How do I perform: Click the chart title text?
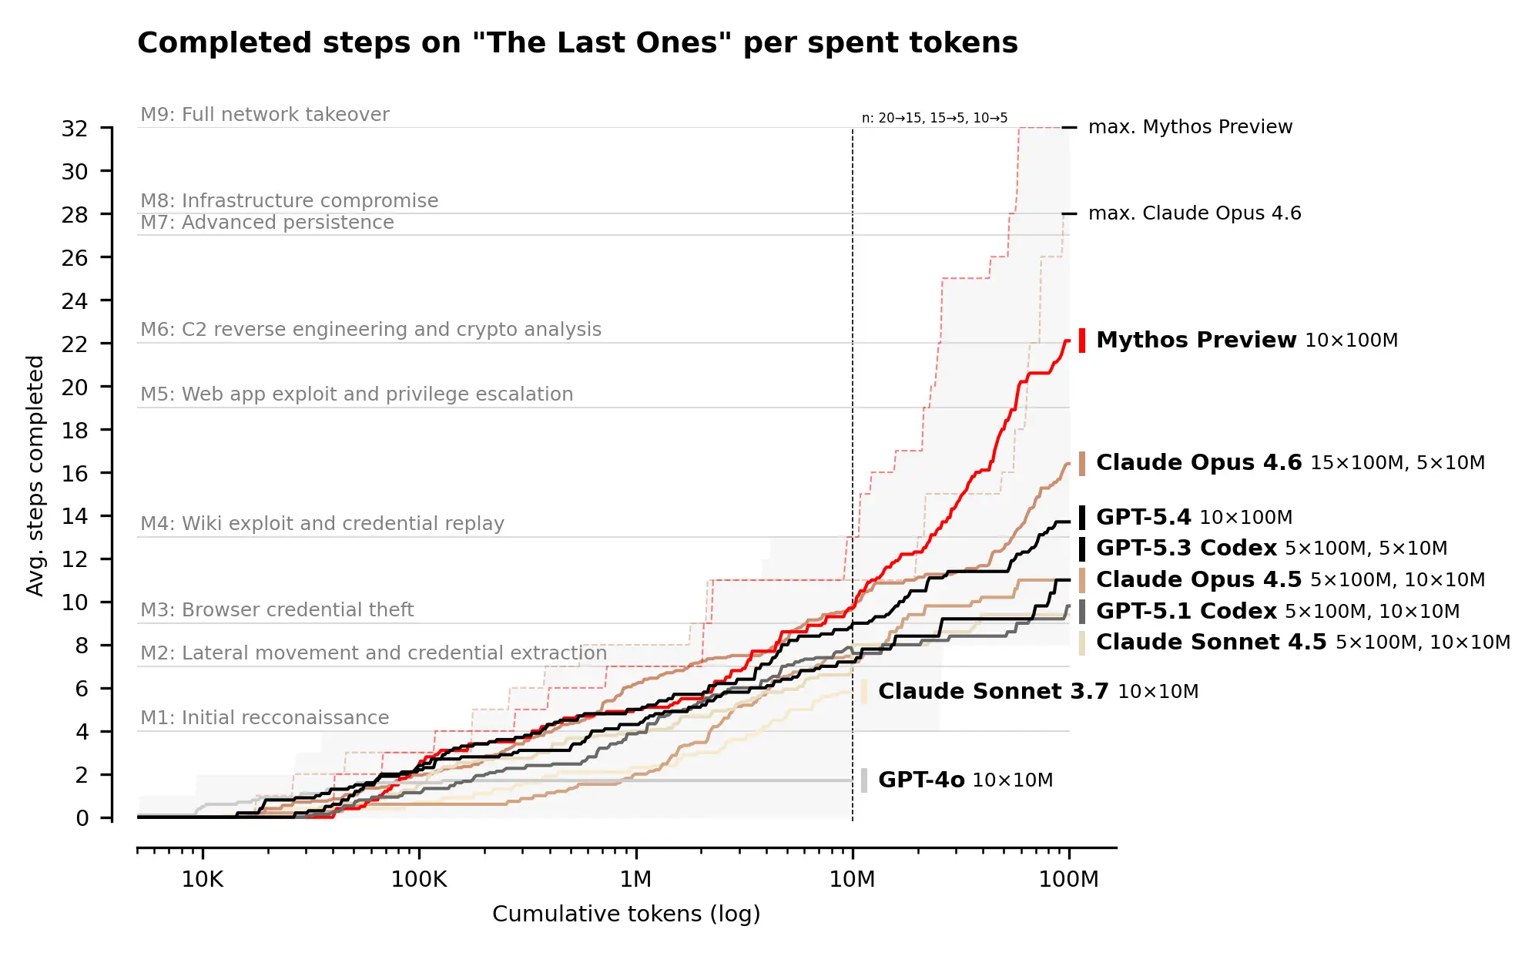tap(577, 43)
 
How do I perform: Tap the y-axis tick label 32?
tap(75, 129)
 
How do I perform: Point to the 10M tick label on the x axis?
tap(851, 879)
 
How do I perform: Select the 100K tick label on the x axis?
tap(418, 879)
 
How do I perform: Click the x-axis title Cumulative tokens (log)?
tap(625, 914)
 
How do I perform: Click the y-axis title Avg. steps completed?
tap(35, 475)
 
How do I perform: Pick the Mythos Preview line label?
tap(1195, 340)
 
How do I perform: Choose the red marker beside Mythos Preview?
tap(1081, 340)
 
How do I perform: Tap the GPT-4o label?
tap(920, 780)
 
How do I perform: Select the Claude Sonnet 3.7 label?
tap(992, 691)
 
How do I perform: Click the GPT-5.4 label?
tap(1143, 517)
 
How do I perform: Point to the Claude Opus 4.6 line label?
tap(1198, 462)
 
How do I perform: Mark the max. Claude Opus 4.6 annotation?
tap(1194, 213)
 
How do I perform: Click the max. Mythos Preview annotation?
tap(1189, 127)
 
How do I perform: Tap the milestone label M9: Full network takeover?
tap(264, 115)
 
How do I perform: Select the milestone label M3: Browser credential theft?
tap(277, 610)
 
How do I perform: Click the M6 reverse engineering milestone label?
tap(370, 330)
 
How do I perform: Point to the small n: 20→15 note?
tap(933, 118)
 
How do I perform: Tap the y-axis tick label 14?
tap(75, 516)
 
